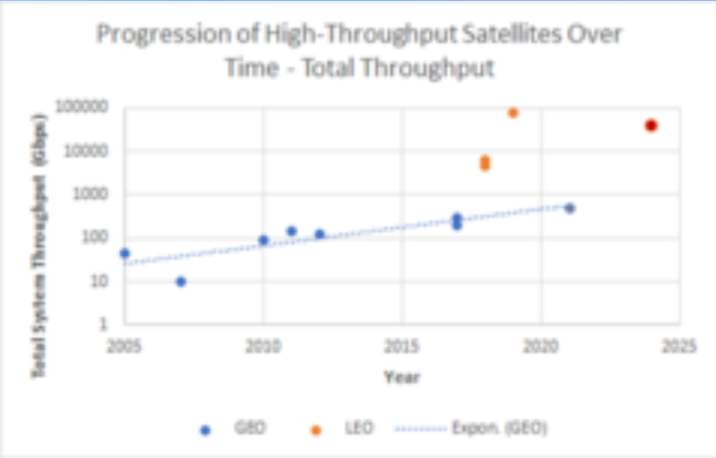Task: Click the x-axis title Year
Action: pos(401,376)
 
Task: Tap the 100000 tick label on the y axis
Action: pos(83,107)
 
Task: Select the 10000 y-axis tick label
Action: pos(87,150)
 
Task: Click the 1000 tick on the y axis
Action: pos(91,194)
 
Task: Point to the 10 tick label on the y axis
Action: pos(99,281)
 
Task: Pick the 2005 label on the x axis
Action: pos(125,346)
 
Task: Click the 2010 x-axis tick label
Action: pos(263,346)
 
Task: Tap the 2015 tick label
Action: pos(402,346)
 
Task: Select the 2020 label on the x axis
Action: pos(541,346)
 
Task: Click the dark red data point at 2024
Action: pos(651,126)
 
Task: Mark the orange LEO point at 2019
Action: pos(513,113)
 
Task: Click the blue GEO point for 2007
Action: pos(181,281)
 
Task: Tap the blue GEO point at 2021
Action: pos(570,209)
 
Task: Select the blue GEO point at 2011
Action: pos(291,231)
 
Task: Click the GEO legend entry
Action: pos(231,427)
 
